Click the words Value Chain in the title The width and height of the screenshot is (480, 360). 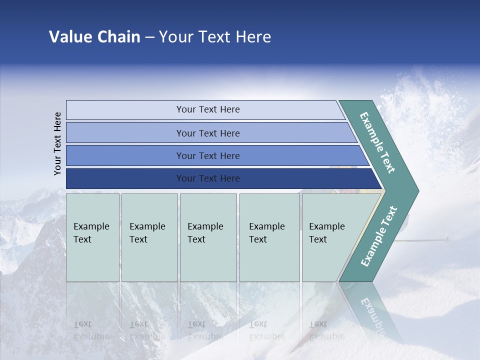tap(94, 37)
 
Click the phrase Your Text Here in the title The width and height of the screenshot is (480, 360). tap(215, 37)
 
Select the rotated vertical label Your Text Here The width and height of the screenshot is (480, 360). tap(58, 143)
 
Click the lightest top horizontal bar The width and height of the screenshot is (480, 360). tap(125, 110)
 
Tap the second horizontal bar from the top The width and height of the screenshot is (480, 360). tap(125, 133)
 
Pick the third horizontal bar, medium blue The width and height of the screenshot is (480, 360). tap(125, 155)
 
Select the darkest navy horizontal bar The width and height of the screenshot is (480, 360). tap(125, 178)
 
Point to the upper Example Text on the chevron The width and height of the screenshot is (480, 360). tap(377, 143)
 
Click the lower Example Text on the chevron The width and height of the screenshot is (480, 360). tap(378, 236)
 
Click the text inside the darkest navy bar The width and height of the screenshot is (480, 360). tap(208, 178)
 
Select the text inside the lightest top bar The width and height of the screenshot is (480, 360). tap(208, 109)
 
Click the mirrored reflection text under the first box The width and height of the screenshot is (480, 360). tap(91, 330)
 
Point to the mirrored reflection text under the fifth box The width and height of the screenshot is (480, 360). tap(326, 330)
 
